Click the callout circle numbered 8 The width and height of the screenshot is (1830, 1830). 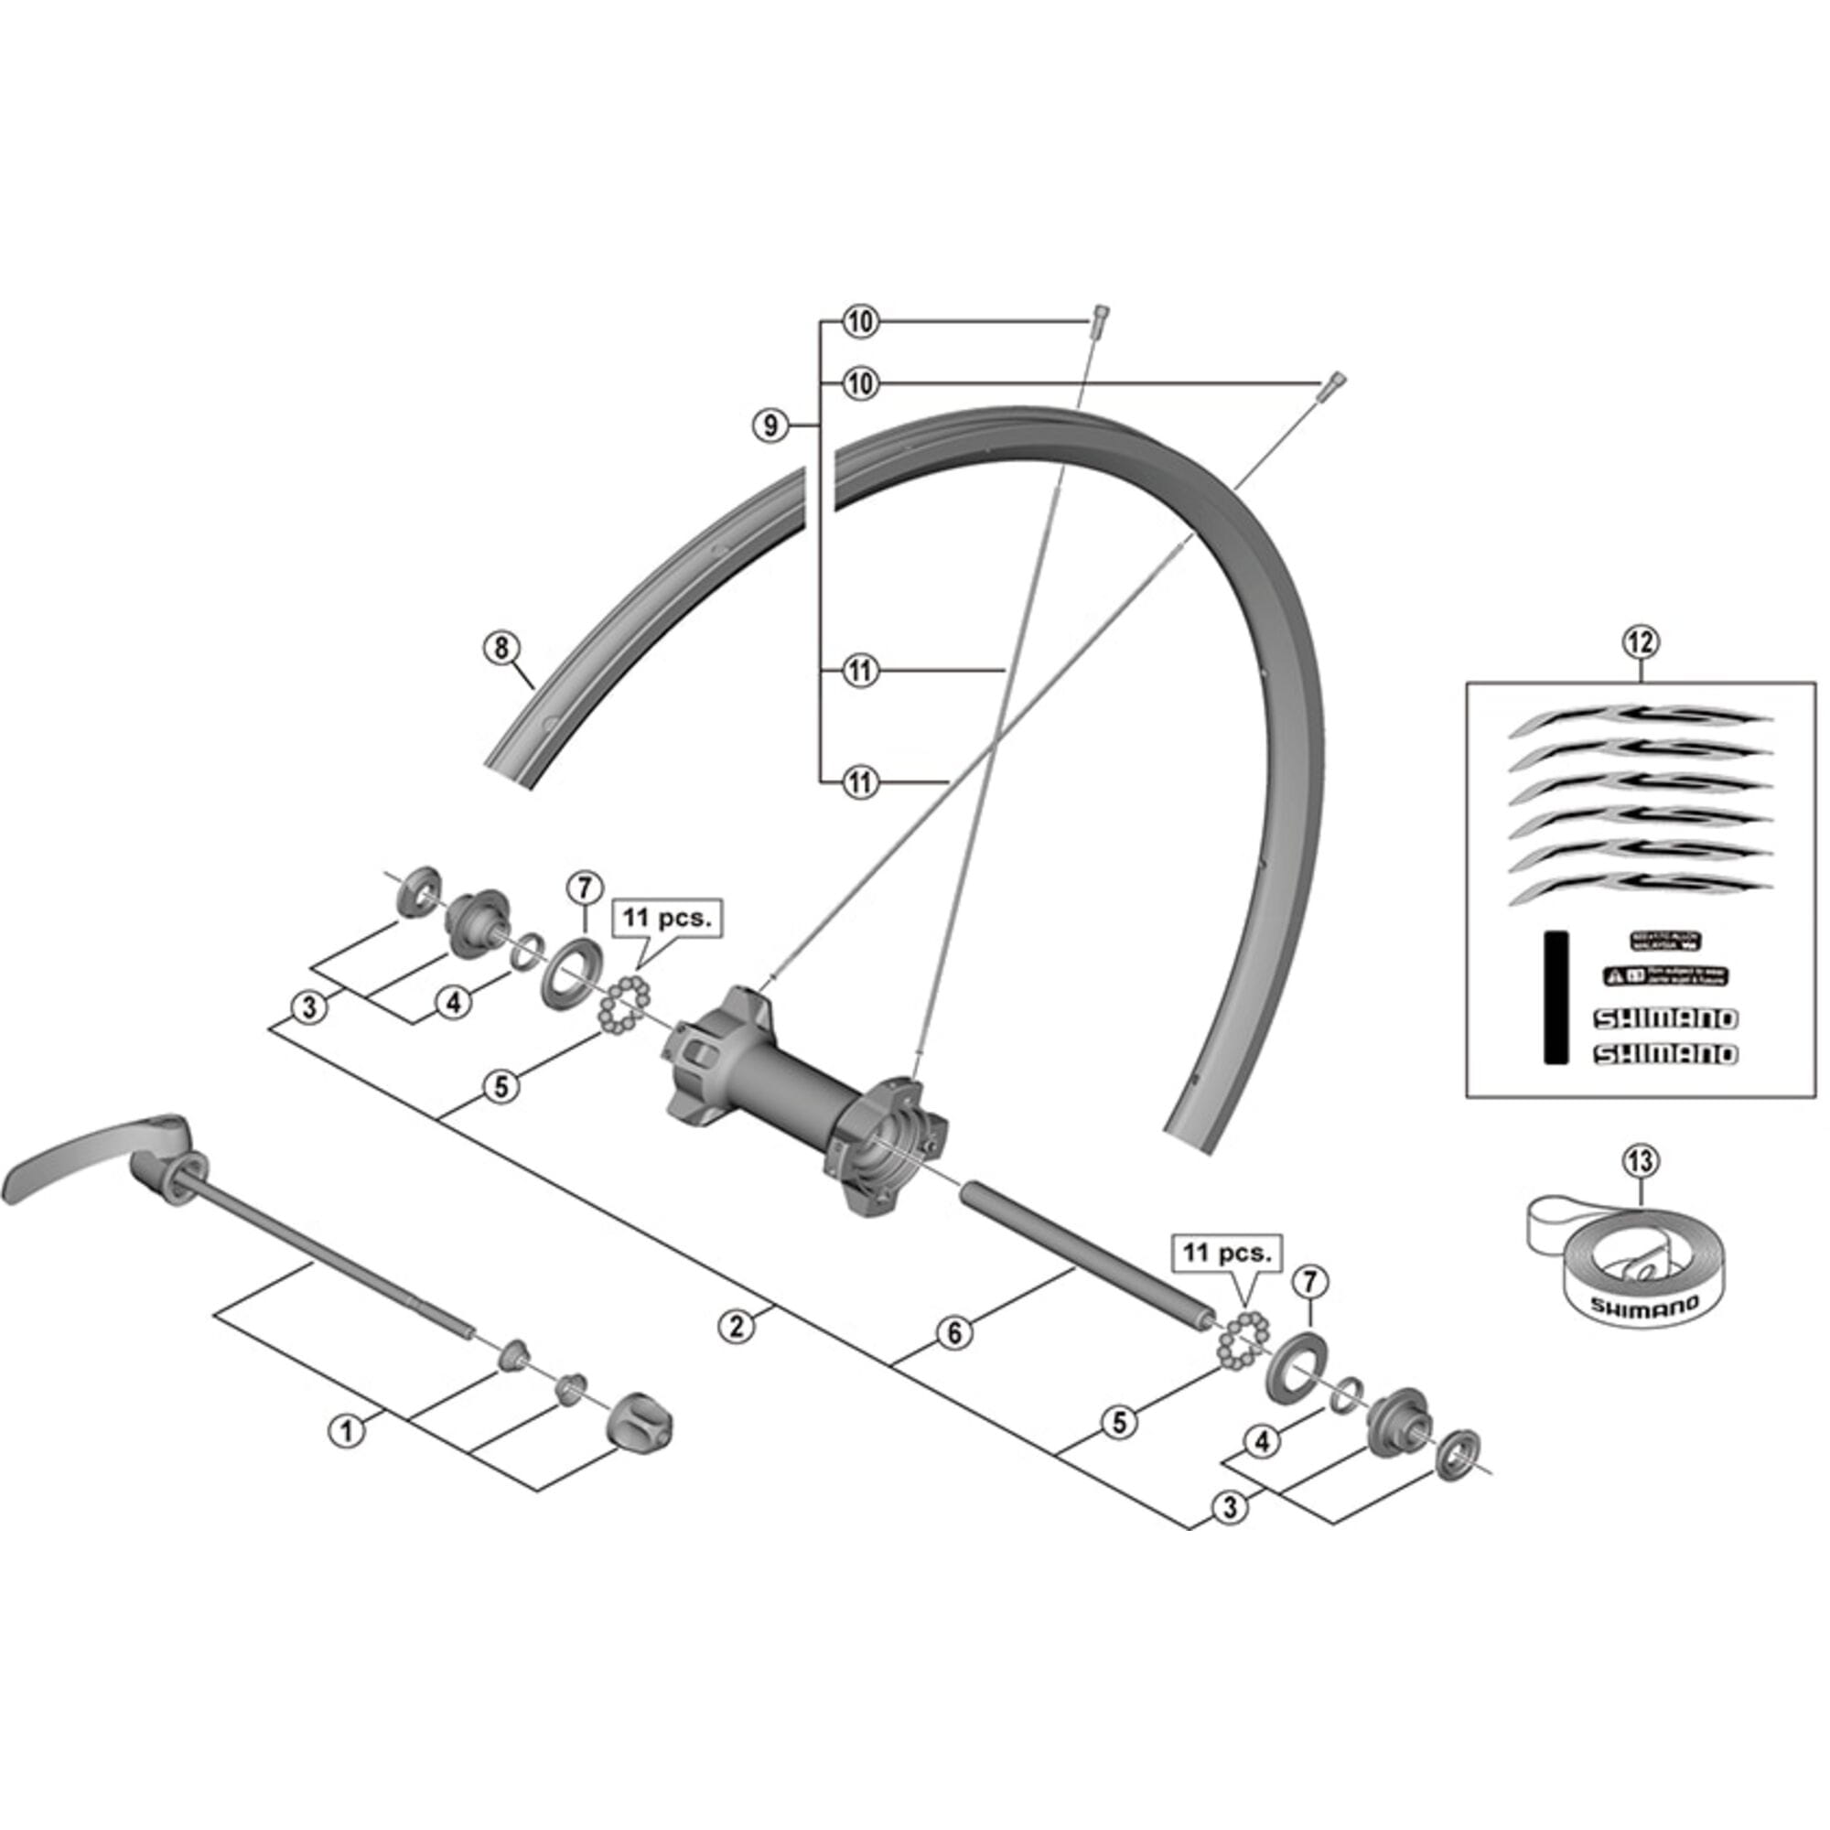[501, 649]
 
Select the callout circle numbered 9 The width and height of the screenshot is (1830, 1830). [770, 425]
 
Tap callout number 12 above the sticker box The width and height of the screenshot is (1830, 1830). [1641, 642]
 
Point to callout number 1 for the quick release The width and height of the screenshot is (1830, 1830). [347, 1429]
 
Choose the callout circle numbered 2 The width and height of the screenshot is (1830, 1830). [737, 1325]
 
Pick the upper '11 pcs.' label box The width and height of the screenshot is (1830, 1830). [667, 918]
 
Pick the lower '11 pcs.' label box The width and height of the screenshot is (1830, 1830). [1227, 1253]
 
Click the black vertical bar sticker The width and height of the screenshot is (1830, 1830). [1556, 997]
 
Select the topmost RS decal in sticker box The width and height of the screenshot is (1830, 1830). [1639, 720]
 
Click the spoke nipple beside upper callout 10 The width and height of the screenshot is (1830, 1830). [1100, 323]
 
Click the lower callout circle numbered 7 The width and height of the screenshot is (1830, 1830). [1310, 1282]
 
